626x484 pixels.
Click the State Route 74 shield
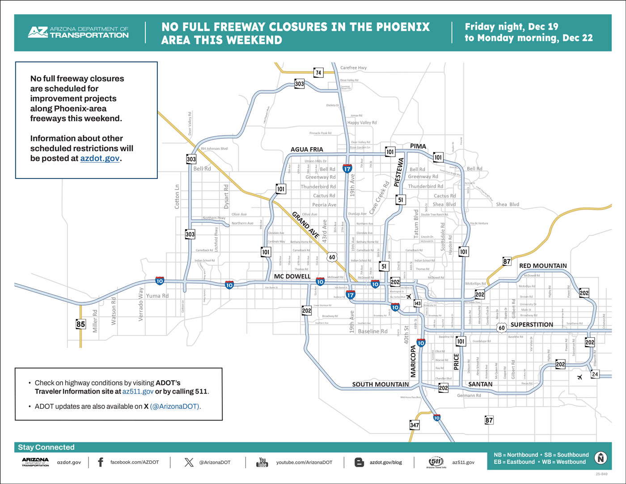[318, 72]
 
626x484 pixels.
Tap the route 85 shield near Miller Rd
[80, 324]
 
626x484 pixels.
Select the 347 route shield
[415, 425]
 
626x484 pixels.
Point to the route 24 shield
[595, 374]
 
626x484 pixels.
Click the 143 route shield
[417, 303]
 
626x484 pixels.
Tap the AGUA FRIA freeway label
[307, 149]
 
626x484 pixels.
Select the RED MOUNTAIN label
[543, 266]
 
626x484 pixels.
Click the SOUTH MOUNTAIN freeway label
[380, 384]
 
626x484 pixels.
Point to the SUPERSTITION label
[532, 324]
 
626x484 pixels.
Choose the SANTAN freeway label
[480, 384]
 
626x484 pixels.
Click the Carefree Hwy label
[353, 68]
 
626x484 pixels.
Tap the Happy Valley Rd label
[362, 123]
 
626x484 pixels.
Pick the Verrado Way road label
[141, 304]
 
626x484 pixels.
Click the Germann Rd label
[469, 395]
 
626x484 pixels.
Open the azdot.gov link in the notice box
[100, 158]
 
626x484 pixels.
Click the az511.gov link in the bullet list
[138, 391]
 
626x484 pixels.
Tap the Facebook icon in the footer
[100, 462]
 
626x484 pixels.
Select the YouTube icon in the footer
[262, 462]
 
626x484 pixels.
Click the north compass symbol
[601, 458]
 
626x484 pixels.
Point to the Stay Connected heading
[46, 447]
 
